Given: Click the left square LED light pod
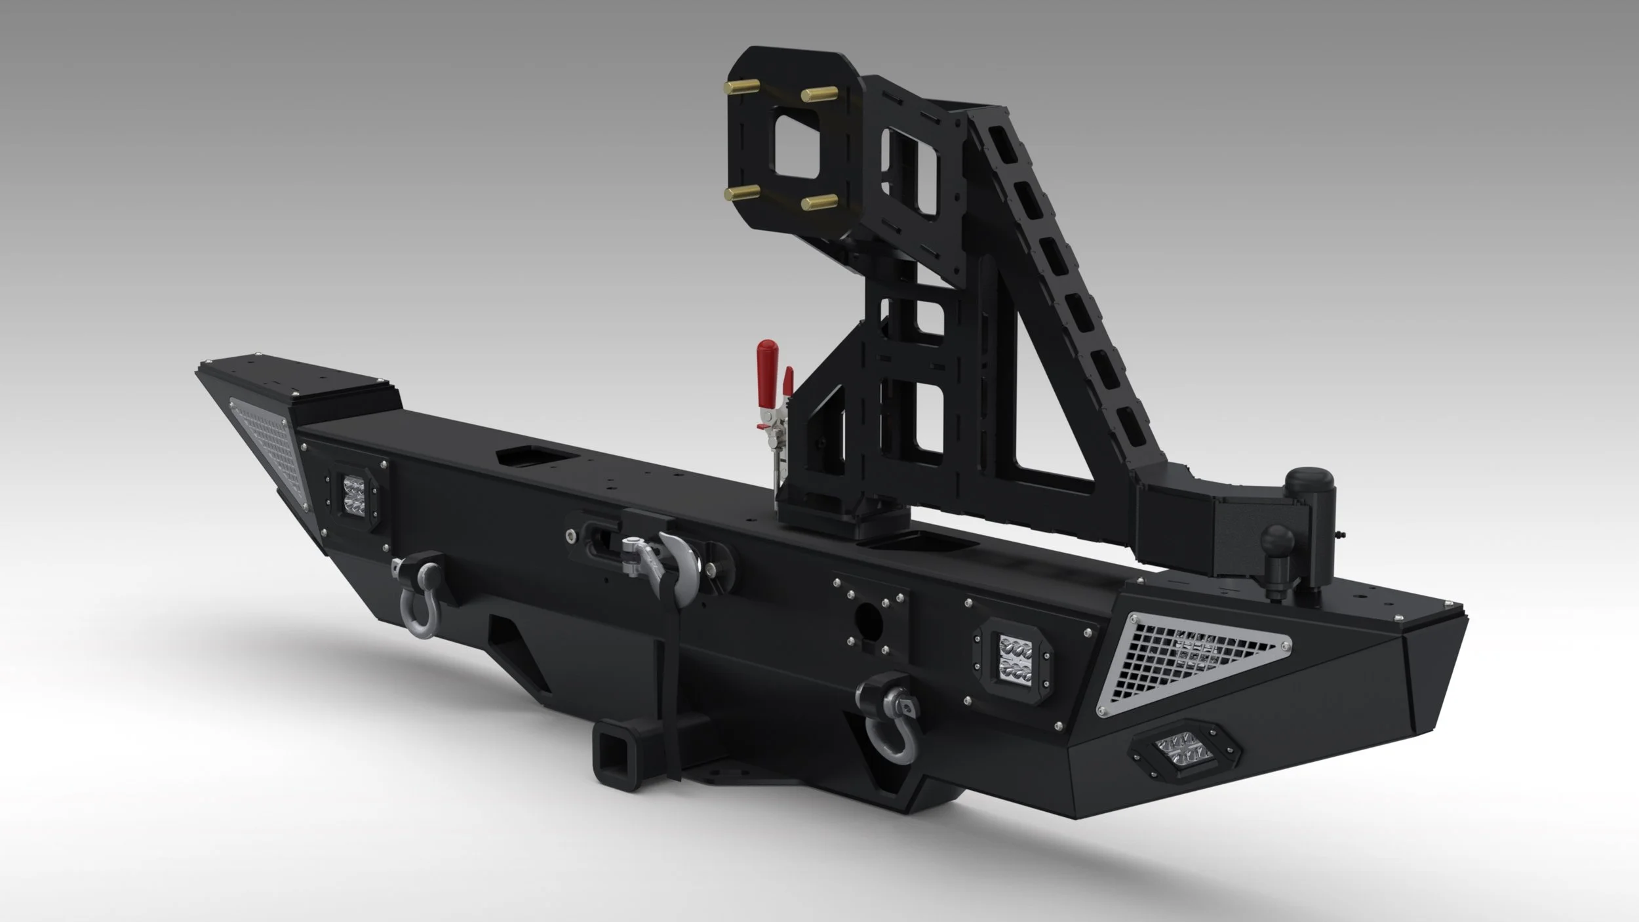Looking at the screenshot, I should pyautogui.click(x=354, y=494).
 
